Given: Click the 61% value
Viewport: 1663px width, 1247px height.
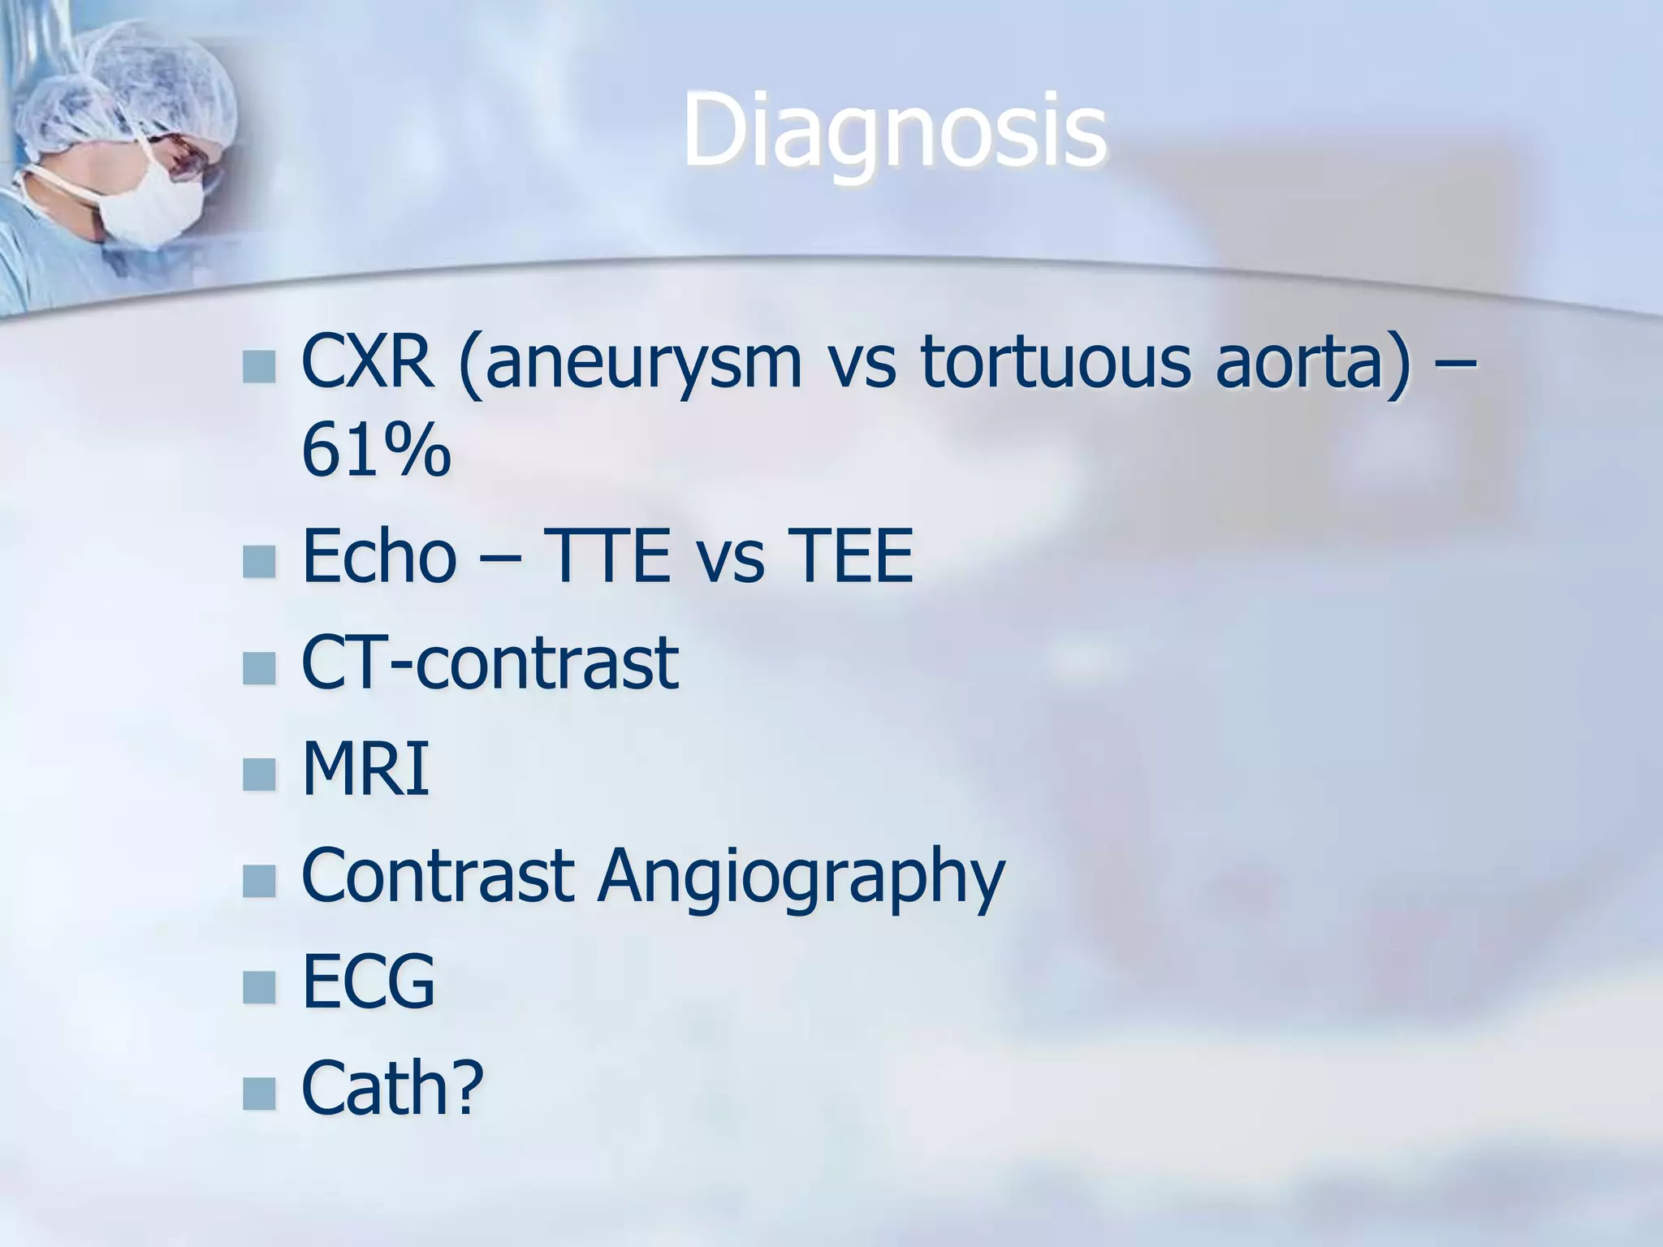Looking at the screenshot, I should pos(375,451).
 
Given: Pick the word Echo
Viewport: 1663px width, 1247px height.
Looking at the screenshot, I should pos(378,556).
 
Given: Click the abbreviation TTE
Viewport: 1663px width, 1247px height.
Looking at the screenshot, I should pos(607,556).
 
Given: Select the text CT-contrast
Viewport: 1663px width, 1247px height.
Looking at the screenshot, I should pos(490,662).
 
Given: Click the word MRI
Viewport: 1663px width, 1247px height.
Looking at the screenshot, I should pos(365,768).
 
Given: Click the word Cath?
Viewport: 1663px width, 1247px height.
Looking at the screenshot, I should pos(392,1088).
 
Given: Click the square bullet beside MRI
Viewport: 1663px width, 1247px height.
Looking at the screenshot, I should pos(259,774).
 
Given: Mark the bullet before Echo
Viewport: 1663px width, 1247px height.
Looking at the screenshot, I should pos(259,561).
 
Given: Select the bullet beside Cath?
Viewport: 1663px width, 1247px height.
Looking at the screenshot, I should pos(259,1093).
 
